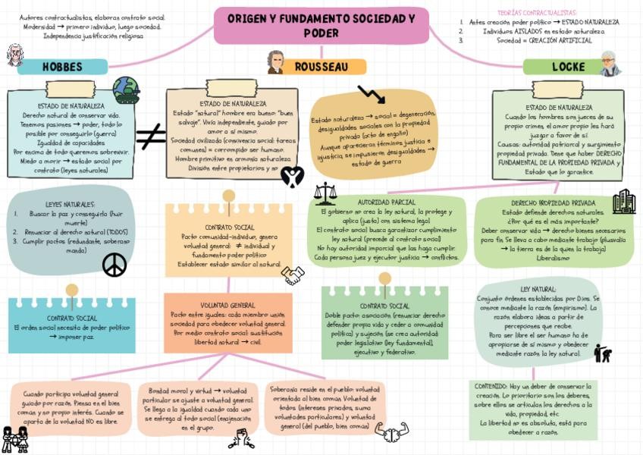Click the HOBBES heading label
point(62,67)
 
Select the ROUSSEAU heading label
point(321,67)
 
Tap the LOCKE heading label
point(567,67)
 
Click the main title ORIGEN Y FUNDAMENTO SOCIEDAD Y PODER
point(321,26)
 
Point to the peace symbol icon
point(114,265)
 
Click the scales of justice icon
point(325,193)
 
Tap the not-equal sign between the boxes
point(151,136)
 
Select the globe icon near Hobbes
point(126,90)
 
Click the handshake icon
point(293,275)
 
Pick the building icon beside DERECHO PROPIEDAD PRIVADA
point(624,202)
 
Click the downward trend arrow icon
point(372,95)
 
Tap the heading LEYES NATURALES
point(70,205)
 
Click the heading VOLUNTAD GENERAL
point(227,305)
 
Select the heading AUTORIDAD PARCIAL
point(386,202)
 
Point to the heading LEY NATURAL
point(538,290)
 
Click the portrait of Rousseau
point(275,63)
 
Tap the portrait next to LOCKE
point(609,64)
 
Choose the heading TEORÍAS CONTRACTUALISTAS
point(536,13)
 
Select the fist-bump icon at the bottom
point(391,432)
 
